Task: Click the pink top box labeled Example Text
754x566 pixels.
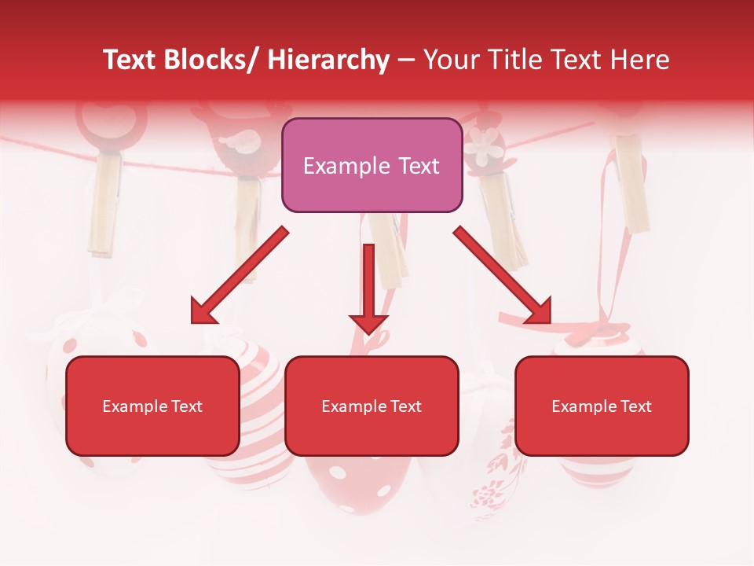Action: click(x=372, y=165)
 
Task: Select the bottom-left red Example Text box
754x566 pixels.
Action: click(x=152, y=406)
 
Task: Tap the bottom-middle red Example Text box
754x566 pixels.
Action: click(x=372, y=406)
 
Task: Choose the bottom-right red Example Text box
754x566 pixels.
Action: click(x=602, y=406)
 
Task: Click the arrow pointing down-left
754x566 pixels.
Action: click(x=238, y=275)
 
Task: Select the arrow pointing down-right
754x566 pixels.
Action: click(x=503, y=275)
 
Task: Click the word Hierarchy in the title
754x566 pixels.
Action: click(x=328, y=60)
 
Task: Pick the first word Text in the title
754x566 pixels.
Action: click(x=131, y=60)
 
